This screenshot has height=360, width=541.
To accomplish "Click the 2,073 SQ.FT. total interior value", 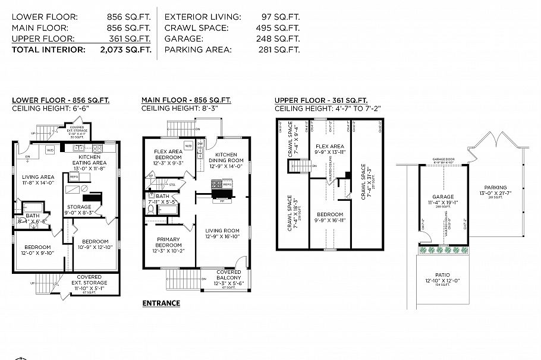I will [x=125, y=50].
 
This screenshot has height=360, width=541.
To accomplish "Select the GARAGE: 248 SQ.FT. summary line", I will [x=232, y=39].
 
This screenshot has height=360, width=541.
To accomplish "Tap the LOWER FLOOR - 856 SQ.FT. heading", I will [x=61, y=100].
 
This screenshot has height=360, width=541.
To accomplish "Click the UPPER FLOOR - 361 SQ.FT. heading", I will [x=321, y=100].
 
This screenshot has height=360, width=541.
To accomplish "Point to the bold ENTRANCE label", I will [x=161, y=303].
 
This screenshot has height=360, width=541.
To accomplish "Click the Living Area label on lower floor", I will [x=38, y=180].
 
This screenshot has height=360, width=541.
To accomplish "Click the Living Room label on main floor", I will [x=222, y=234].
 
